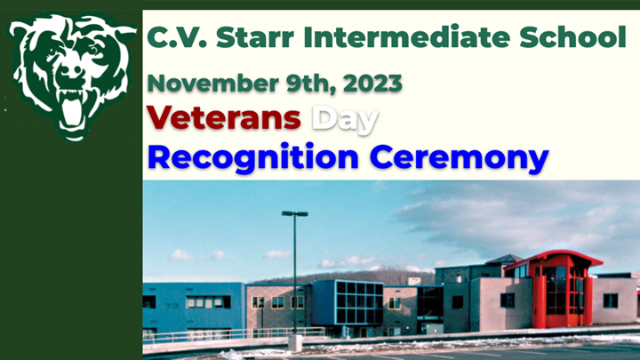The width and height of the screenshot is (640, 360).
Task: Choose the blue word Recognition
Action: point(252,157)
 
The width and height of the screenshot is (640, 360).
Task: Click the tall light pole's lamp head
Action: point(294,214)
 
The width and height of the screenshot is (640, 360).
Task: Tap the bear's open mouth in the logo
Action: point(71,107)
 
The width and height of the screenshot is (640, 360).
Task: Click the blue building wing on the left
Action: point(192,306)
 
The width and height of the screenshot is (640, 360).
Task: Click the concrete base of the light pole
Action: point(294,342)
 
